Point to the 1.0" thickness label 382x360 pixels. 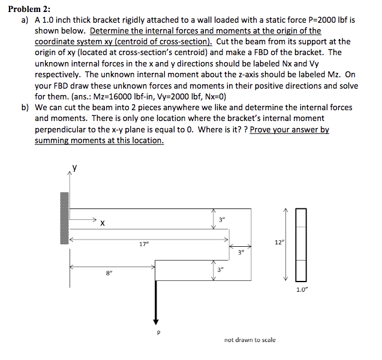[302, 291]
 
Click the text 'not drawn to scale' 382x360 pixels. [250, 339]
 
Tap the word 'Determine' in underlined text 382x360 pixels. [110, 31]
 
